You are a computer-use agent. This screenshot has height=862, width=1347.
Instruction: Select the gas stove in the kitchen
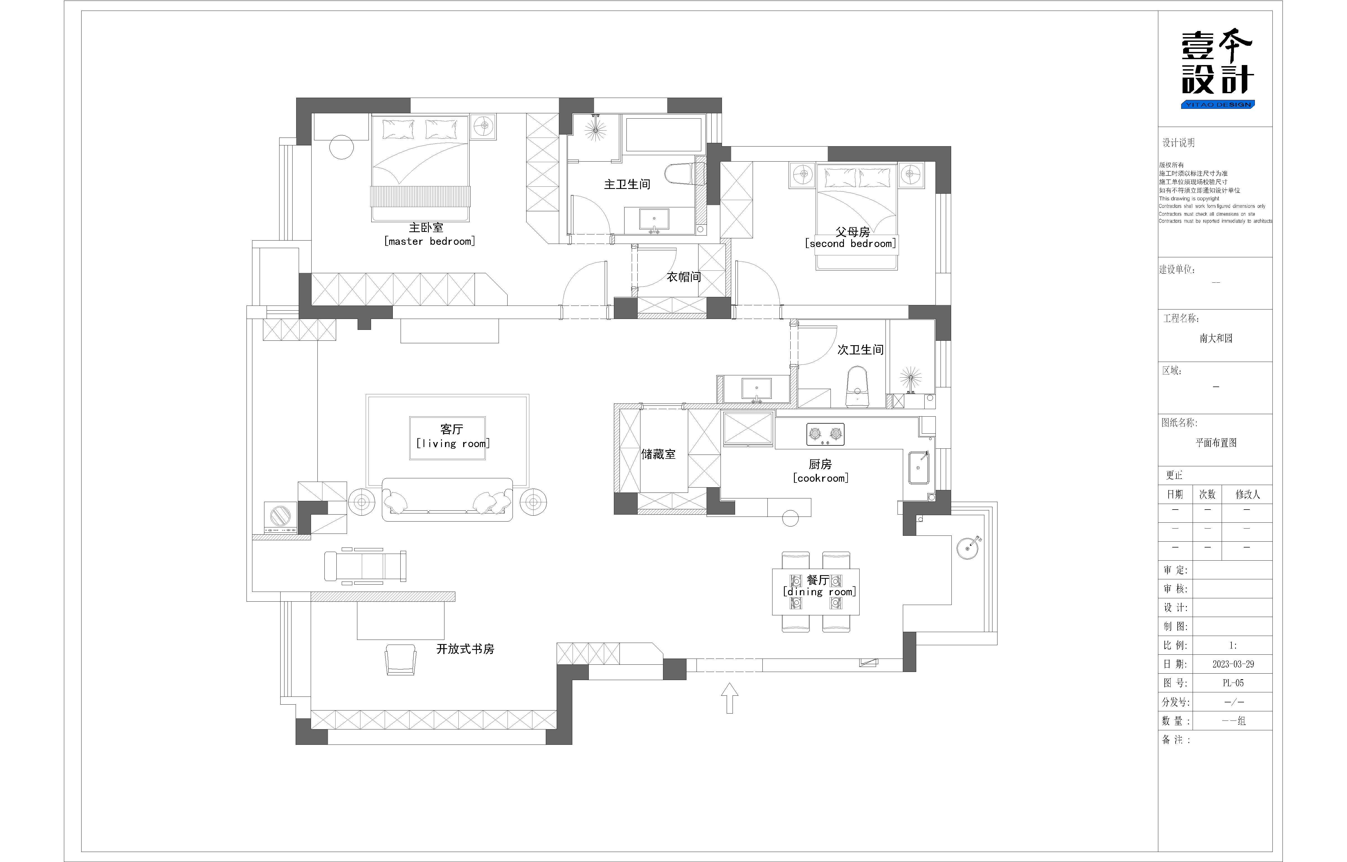pos(825,434)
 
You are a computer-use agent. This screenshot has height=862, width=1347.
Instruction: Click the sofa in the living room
pos(447,500)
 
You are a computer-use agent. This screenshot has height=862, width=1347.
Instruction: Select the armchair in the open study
pos(401,659)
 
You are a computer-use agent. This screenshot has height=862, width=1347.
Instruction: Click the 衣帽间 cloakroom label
pos(684,277)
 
